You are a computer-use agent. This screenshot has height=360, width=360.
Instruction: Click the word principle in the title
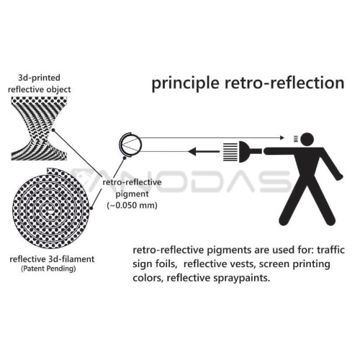pos(186,84)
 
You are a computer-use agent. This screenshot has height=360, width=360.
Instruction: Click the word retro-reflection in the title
pos(284,82)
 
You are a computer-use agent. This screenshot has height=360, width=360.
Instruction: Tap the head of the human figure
pos(307,139)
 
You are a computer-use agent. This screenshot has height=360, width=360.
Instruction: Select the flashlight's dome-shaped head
pos(244,151)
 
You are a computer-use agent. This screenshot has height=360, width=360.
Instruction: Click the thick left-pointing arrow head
pos(192,151)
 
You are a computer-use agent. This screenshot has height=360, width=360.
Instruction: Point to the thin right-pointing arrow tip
pos(283,138)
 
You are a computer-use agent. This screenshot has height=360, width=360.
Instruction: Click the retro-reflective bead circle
pos(131,145)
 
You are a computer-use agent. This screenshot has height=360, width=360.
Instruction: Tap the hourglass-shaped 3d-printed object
pos(39,128)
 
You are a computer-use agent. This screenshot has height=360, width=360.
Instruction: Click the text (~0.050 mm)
pos(132,205)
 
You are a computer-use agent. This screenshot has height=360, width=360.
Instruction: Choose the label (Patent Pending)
pos(48,269)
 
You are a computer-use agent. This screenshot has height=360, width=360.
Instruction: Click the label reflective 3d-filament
pos(52,259)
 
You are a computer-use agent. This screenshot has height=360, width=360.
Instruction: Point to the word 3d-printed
pos(39,78)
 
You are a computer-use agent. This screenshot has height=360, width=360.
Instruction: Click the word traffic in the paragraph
pos(330,250)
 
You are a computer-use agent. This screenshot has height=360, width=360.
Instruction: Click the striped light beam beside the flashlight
pos(230,152)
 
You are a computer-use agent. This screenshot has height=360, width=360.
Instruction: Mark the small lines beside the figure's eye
pos(296,139)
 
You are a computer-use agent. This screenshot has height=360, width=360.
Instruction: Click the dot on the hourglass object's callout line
pos(53,130)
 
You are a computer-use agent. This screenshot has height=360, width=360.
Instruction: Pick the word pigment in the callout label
pos(132,194)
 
